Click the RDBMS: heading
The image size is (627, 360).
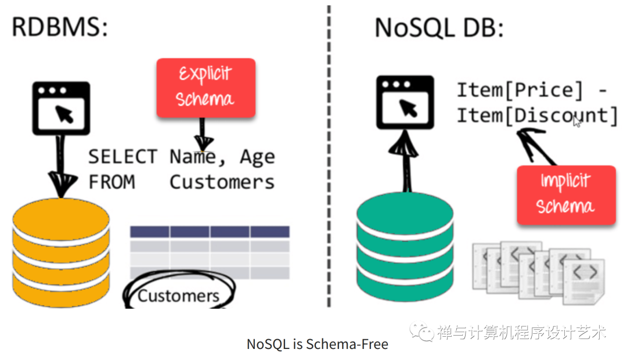click(60, 28)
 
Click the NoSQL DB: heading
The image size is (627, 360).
click(439, 28)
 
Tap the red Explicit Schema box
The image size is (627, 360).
click(206, 87)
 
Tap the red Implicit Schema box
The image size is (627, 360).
click(565, 195)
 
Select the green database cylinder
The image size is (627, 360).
click(405, 247)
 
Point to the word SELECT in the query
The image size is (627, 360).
click(122, 157)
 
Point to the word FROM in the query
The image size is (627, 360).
click(111, 182)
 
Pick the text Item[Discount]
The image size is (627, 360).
click(537, 115)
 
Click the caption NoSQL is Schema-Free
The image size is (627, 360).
click(317, 344)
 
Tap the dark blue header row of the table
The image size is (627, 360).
click(210, 232)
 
